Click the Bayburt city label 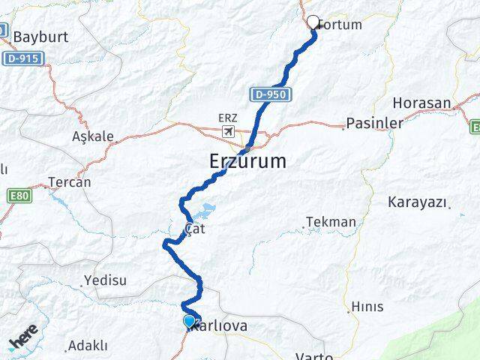click(40, 36)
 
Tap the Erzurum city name click(247, 160)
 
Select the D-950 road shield click(268, 94)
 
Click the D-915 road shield click(23, 58)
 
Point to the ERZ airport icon click(227, 131)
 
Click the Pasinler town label click(374, 122)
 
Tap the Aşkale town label click(93, 136)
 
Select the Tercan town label click(69, 181)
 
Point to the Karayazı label click(418, 202)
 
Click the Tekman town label click(331, 222)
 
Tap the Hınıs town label click(367, 306)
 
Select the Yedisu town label click(106, 280)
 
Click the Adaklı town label click(88, 346)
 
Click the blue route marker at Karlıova click(189, 321)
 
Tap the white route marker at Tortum click(313, 22)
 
